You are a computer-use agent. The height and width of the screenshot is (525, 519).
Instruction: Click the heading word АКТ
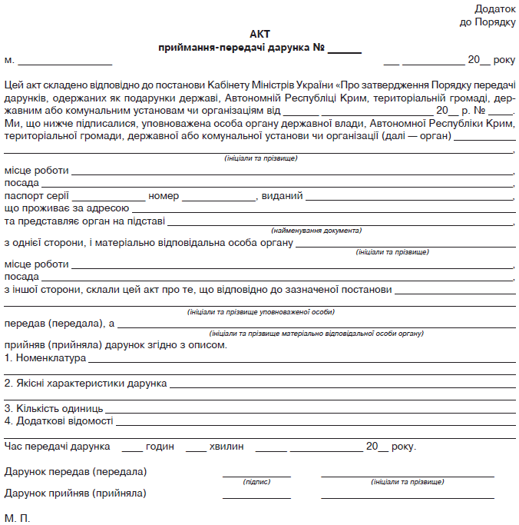259,34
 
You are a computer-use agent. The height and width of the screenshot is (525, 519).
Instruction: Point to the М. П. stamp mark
17,519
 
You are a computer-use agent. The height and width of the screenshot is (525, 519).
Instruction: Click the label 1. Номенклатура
45,357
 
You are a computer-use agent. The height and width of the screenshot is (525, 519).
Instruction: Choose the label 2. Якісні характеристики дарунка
85,383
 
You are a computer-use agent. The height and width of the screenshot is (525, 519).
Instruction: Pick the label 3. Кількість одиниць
54,408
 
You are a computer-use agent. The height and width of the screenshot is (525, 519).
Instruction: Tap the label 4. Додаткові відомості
58,421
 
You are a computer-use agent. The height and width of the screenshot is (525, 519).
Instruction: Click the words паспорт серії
37,196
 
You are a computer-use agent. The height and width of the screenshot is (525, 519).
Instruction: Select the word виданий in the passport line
282,196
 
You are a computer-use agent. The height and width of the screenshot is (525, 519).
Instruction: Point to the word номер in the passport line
164,196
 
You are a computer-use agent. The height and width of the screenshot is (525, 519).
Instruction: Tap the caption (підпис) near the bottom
256,482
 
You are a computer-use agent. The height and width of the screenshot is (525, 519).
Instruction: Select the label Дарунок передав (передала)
75,471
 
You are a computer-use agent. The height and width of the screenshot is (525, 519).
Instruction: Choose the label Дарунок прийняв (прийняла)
75,493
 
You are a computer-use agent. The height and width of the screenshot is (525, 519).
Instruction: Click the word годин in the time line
160,446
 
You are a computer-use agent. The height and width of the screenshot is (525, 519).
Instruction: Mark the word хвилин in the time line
226,446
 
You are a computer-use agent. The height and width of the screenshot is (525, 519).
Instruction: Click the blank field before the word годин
131,448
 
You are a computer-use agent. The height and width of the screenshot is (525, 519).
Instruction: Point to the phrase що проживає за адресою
66,208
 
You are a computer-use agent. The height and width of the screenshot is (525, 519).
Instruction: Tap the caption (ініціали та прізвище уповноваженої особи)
260,312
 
